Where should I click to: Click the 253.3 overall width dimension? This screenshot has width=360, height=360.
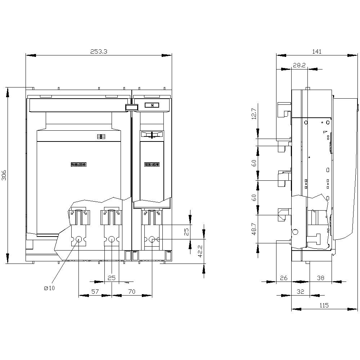tap(98, 51)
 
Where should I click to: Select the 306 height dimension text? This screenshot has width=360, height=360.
tap(4, 175)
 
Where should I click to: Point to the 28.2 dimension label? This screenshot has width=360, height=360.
tap(299, 65)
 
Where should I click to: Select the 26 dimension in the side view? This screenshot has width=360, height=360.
tap(284, 278)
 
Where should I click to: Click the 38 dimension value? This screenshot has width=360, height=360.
tap(320, 278)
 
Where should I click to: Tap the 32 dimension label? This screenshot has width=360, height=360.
tap(300, 292)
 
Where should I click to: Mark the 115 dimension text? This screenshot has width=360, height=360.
tap(324, 305)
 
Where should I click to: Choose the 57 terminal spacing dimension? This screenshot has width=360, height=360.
tap(95, 292)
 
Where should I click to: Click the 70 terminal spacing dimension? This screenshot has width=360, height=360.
tap(132, 292)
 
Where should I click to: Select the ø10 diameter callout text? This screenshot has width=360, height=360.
tap(49, 288)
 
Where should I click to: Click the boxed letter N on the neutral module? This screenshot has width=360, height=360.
tap(152, 105)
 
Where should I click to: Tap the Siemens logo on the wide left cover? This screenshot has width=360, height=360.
tap(79, 165)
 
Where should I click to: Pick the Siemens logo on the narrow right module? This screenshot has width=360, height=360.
tap(152, 165)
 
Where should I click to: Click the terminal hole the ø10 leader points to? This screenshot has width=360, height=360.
tap(79, 239)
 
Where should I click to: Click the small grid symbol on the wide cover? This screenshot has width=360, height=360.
tap(100, 136)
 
